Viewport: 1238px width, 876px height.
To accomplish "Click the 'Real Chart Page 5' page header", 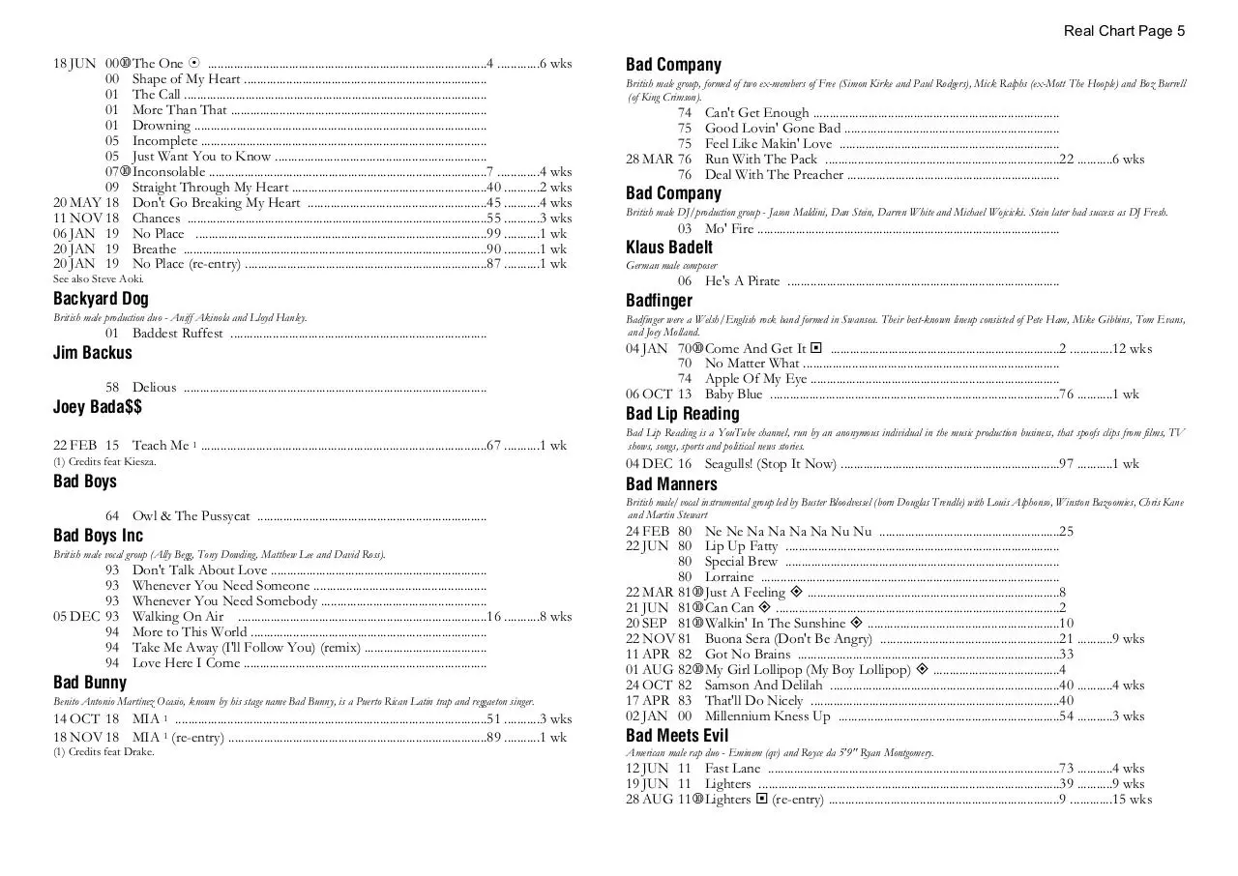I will (x=1124, y=31).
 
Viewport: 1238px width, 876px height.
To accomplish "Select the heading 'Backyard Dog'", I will (x=101, y=299).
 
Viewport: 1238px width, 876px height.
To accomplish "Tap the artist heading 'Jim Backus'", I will (x=92, y=353).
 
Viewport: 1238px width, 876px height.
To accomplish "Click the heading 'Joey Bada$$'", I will (x=98, y=407).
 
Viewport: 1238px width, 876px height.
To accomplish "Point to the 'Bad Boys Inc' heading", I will (x=98, y=536).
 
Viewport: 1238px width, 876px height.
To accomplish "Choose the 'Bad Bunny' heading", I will (x=90, y=683).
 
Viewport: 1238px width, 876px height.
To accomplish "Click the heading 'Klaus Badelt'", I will (x=669, y=248).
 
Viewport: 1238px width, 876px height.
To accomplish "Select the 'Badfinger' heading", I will (x=659, y=301).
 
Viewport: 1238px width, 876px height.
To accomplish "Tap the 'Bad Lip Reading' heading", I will (x=682, y=414).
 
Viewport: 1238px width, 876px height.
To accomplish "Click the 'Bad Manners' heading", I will (x=671, y=484).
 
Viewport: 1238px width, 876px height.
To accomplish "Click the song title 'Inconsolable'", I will (x=168, y=172).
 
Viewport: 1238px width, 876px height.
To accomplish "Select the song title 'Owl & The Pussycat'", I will (x=191, y=516).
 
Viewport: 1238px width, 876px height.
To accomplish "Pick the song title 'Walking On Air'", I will (x=177, y=617).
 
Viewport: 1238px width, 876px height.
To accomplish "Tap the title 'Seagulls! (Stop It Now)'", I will (x=770, y=464).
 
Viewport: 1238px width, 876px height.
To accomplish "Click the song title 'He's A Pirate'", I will (x=742, y=281).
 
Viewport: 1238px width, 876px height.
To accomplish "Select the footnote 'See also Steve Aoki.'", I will (x=98, y=279).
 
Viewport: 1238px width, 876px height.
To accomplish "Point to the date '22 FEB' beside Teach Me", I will (x=74, y=446).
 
